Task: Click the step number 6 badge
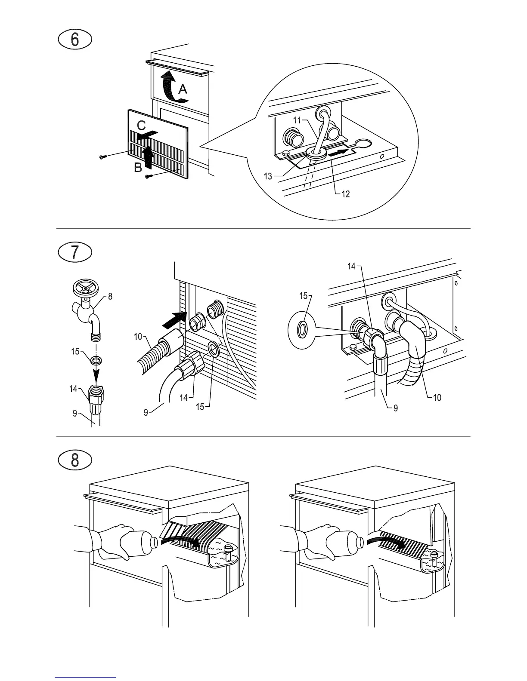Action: (75, 40)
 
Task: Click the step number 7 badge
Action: (75, 252)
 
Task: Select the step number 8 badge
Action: (75, 460)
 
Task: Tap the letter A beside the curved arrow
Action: (183, 89)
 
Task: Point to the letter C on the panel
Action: (141, 125)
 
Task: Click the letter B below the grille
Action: (138, 168)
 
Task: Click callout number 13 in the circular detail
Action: (268, 176)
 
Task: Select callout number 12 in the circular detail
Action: (345, 194)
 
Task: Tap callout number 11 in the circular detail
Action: (297, 121)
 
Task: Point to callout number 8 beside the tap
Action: (110, 296)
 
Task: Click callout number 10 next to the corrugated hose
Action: (138, 336)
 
